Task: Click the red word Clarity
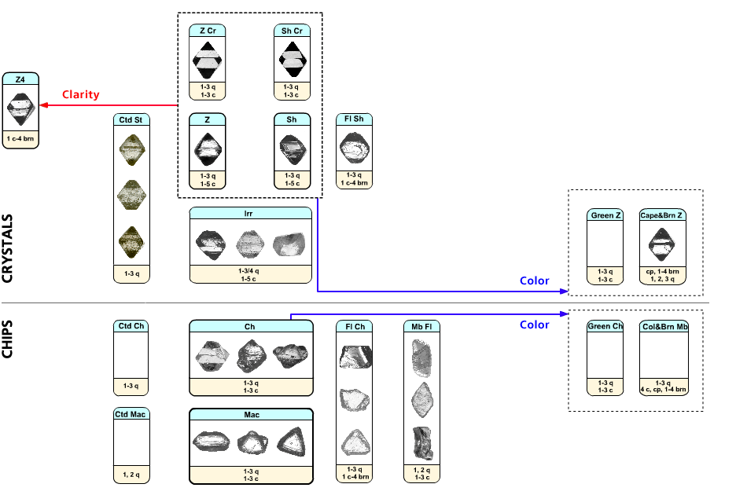click(81, 95)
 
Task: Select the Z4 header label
click(20, 79)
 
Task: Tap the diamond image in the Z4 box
click(20, 109)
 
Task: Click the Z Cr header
click(208, 31)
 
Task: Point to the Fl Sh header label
click(354, 119)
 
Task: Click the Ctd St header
click(131, 119)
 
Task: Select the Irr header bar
click(251, 212)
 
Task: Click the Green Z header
click(606, 215)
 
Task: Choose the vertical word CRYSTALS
click(9, 244)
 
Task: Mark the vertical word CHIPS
click(9, 339)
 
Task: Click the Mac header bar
click(251, 414)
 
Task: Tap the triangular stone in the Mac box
click(293, 442)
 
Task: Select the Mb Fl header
click(421, 326)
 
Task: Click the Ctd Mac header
click(131, 414)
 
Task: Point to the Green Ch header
click(606, 326)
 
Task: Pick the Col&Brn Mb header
click(664, 326)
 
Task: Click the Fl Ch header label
click(354, 326)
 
